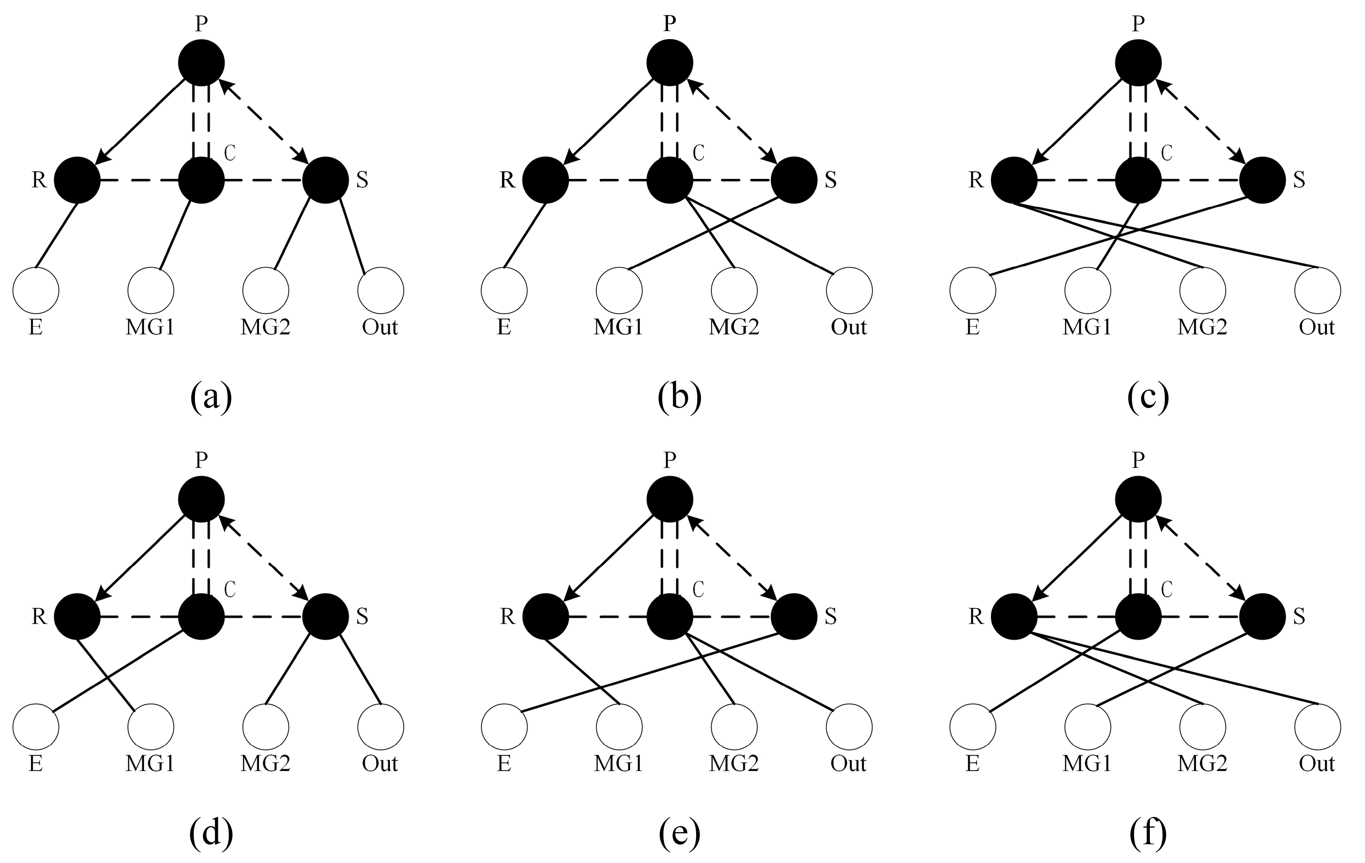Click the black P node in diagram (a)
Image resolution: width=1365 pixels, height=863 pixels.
point(201,62)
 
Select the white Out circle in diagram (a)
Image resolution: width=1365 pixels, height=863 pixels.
point(381,290)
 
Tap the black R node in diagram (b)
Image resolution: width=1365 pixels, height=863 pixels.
point(545,180)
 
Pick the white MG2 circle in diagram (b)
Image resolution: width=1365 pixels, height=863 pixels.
point(734,290)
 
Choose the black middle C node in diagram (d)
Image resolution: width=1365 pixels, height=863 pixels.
point(201,616)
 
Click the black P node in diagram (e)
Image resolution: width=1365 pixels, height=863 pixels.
point(670,499)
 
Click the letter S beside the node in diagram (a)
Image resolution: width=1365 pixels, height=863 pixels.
point(362,180)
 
